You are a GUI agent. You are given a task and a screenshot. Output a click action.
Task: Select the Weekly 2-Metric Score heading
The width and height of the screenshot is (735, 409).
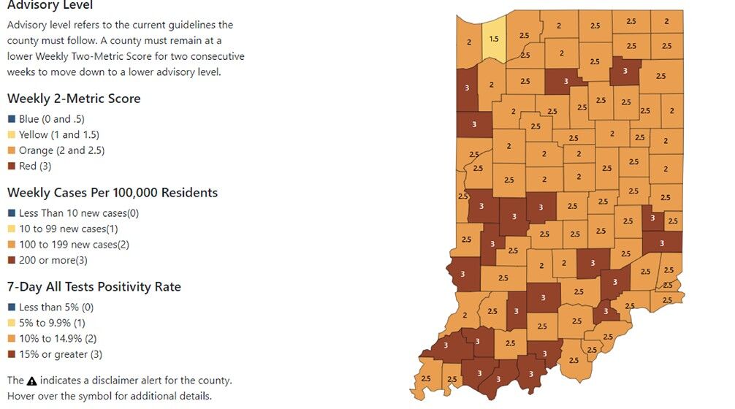[x=74, y=99]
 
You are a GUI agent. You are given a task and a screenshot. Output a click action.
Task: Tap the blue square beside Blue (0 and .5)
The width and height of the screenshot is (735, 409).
[x=11, y=119]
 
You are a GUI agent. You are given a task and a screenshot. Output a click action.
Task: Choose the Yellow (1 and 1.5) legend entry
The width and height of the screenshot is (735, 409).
[x=58, y=134]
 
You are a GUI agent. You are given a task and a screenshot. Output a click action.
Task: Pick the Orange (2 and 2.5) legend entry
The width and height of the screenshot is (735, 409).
[x=61, y=150]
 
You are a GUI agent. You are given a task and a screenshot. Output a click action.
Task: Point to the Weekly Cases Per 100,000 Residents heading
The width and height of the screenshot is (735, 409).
[x=113, y=193]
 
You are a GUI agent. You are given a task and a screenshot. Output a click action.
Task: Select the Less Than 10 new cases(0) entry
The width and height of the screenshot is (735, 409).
[x=79, y=213]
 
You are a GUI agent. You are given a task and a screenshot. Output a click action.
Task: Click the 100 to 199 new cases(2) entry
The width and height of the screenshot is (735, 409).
[x=74, y=245]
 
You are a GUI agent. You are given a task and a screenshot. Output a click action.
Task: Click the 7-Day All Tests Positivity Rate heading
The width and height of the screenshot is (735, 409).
[x=94, y=286]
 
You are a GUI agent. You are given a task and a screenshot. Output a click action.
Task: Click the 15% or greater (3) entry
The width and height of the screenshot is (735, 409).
[x=61, y=354]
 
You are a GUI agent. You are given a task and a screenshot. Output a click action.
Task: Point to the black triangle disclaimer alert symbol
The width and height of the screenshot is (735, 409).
[x=31, y=381]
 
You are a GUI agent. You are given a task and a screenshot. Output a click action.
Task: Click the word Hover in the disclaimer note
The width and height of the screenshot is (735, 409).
[x=22, y=396]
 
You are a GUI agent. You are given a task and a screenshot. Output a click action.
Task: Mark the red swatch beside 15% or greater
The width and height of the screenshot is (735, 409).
[x=11, y=354]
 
